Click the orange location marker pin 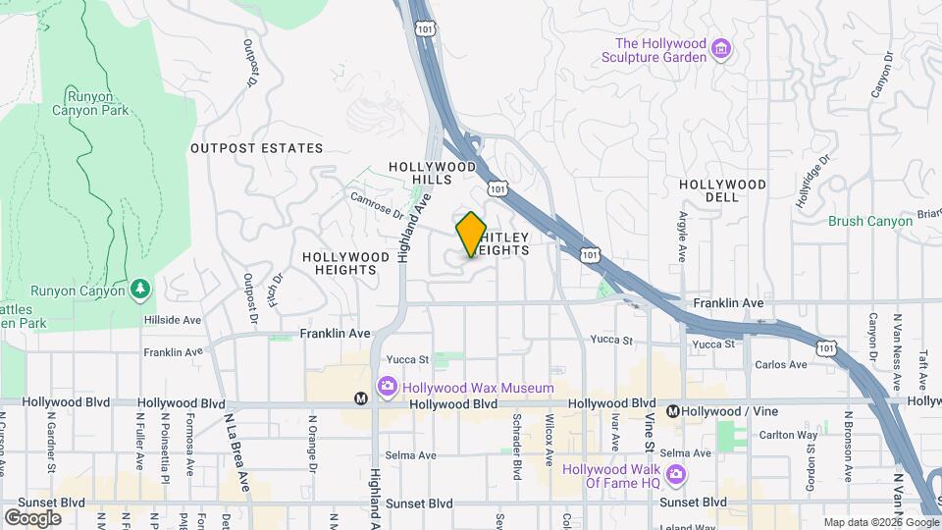coord(471,235)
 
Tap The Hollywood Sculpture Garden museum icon coord(722,49)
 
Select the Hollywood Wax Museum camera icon coord(388,388)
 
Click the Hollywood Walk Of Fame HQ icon coord(675,475)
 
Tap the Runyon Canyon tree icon coord(141,290)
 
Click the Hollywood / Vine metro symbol coord(673,410)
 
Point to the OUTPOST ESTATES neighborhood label coord(256,148)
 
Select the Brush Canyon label coord(870,221)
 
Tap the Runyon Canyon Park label coord(98,103)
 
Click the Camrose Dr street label coord(377,203)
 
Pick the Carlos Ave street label coord(781,365)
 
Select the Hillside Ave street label coord(172,320)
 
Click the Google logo coord(32,517)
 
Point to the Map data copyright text coord(879,522)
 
